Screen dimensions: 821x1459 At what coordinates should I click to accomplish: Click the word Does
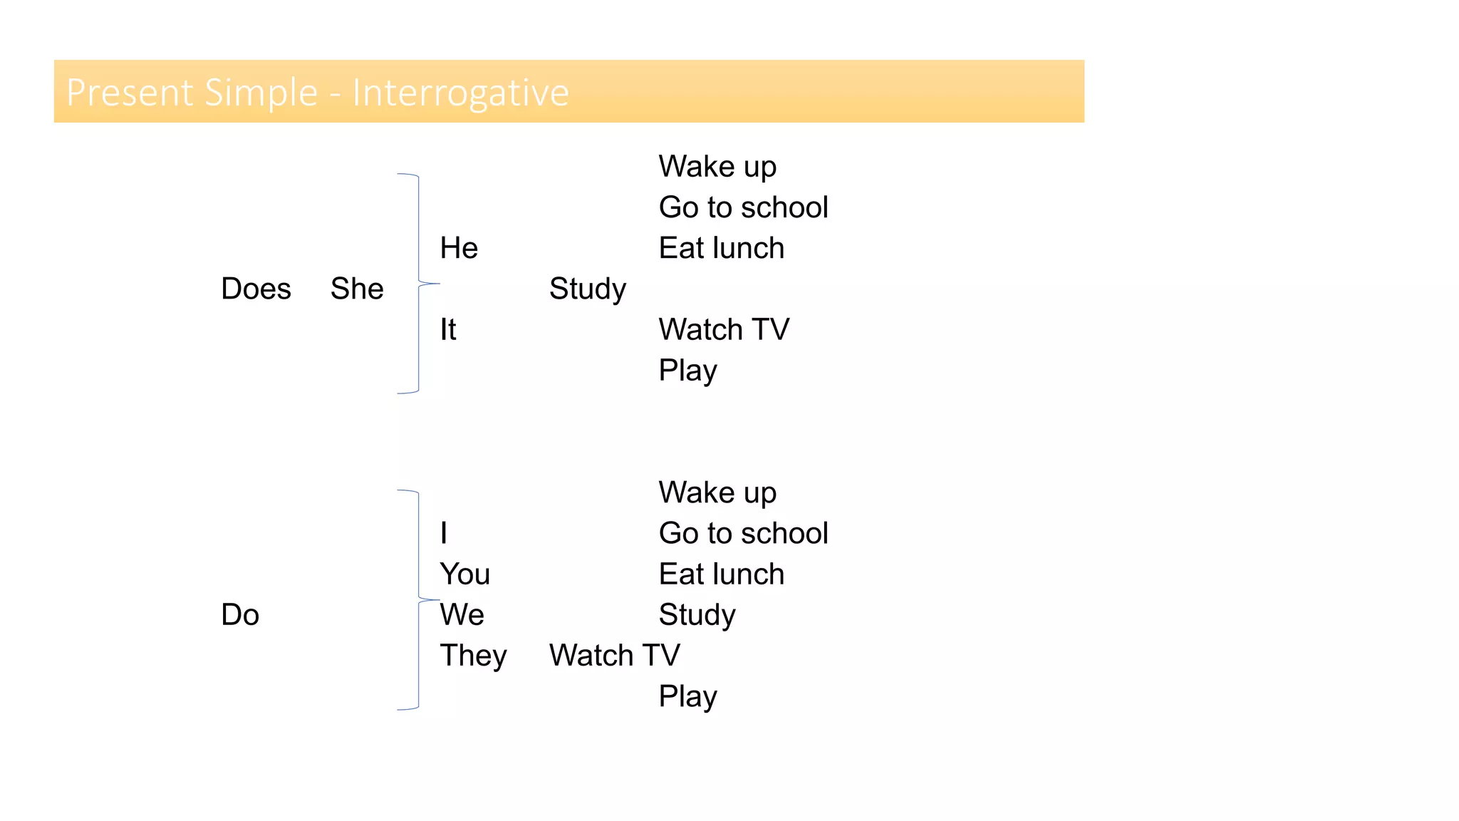256,289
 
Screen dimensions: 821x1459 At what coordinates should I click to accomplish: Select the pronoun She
357,289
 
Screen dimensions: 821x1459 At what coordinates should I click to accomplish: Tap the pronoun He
459,248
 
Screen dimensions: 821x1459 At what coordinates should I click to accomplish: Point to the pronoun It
447,329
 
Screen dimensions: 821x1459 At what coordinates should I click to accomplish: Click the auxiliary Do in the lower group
240,614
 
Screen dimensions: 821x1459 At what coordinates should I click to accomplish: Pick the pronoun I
444,533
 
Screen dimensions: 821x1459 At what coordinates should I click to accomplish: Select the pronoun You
464,574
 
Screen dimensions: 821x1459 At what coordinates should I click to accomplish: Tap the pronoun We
462,614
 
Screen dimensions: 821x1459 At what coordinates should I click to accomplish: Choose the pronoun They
473,656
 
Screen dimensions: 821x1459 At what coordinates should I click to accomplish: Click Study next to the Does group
587,289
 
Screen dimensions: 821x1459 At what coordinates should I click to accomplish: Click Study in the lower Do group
697,614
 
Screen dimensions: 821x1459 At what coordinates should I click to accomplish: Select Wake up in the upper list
717,167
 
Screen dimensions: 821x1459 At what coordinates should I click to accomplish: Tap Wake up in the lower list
717,492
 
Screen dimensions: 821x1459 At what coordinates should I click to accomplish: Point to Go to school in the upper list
743,207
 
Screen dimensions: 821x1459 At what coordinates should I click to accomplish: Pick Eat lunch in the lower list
721,574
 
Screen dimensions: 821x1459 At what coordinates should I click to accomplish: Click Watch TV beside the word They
614,656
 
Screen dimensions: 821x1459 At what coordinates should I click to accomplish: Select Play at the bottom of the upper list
687,371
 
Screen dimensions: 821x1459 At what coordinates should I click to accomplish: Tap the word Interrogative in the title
461,93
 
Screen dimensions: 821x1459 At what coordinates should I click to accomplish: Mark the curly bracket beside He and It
418,284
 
